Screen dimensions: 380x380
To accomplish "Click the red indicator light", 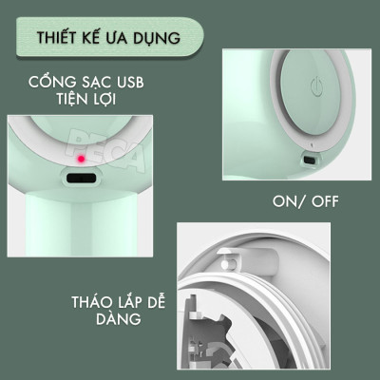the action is pyautogui.click(x=82, y=159).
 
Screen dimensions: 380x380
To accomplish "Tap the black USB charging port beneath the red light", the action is pyautogui.click(x=81, y=178).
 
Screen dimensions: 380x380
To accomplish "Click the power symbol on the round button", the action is pyautogui.click(x=316, y=86).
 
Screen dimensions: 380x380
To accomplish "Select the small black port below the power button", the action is pyautogui.click(x=310, y=160).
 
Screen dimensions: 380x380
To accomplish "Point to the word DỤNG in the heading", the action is pyautogui.click(x=161, y=38).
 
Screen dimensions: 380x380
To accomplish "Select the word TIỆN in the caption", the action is pyautogui.click(x=72, y=99).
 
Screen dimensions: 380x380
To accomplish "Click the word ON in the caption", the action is pyautogui.click(x=284, y=201).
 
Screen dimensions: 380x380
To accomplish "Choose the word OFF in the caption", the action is pyautogui.click(x=325, y=201).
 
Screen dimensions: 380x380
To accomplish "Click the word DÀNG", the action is pyautogui.click(x=119, y=318).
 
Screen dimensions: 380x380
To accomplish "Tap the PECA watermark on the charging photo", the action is pyautogui.click(x=107, y=149).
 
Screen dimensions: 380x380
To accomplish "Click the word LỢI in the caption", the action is pyautogui.click(x=104, y=100).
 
